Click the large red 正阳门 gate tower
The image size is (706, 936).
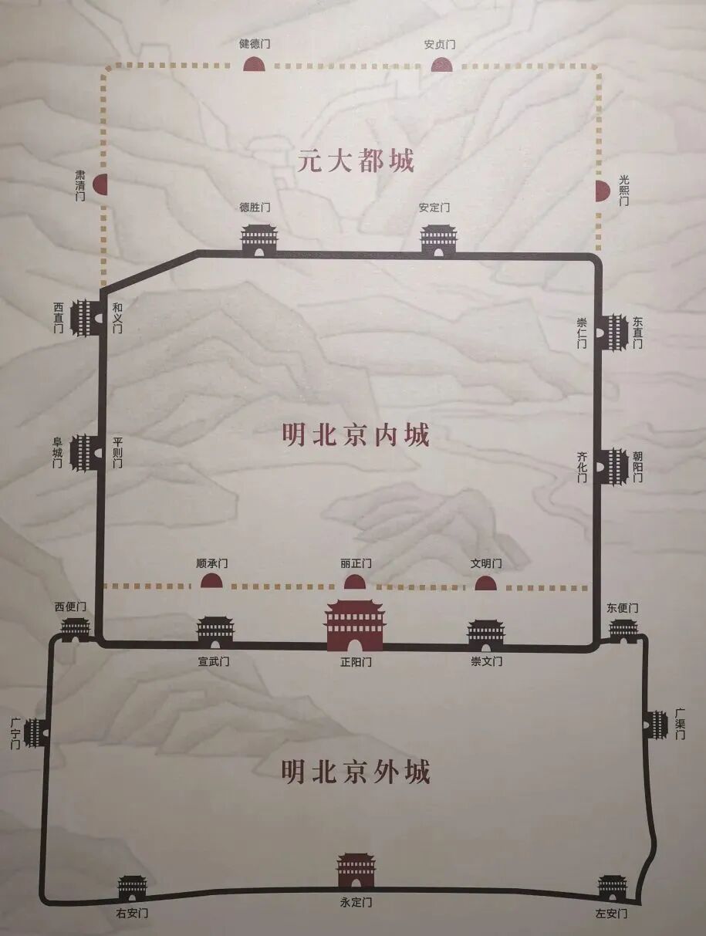354,625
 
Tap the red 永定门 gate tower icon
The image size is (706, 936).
356,870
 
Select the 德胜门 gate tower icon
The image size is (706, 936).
258,238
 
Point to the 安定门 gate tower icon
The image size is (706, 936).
438,239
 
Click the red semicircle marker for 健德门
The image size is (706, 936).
255,64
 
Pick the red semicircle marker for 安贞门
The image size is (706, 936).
441,65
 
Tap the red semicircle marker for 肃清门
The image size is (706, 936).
100,184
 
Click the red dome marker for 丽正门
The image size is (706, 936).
354,581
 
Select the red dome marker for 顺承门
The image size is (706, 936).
211,580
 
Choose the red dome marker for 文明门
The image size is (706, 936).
485,582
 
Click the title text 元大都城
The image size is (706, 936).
356,161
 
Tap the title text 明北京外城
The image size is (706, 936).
356,771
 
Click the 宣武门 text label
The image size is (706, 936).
214,661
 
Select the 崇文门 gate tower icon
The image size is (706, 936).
486,633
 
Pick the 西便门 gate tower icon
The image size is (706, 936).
75,628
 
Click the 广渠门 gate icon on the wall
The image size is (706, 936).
656,725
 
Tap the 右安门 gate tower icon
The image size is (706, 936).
132,887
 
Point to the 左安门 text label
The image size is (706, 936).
611,914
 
